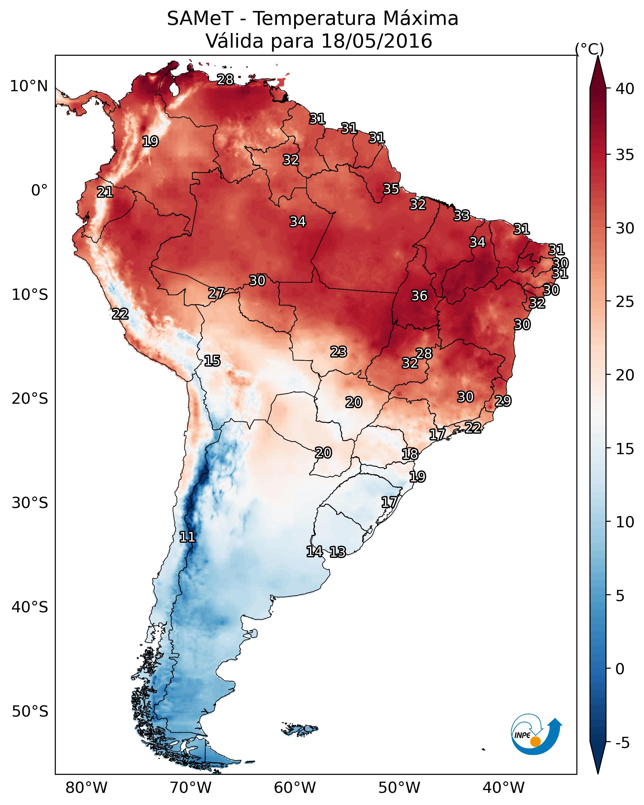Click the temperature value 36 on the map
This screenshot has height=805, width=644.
click(x=419, y=296)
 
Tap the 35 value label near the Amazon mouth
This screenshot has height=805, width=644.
click(x=391, y=189)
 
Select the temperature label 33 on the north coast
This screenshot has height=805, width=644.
click(x=462, y=215)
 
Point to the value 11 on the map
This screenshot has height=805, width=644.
click(x=187, y=537)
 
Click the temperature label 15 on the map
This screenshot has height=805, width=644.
click(x=212, y=361)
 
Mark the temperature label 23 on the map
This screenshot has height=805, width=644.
click(x=338, y=352)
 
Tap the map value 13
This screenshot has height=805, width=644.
click(x=337, y=552)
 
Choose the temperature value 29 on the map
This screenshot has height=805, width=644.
click(x=503, y=401)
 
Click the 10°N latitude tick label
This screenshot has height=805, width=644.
click(x=29, y=86)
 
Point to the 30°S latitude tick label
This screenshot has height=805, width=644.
click(x=30, y=503)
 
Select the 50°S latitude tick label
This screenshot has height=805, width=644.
click(x=30, y=711)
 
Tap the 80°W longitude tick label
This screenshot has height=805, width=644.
click(x=86, y=788)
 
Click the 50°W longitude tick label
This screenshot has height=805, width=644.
click(x=399, y=788)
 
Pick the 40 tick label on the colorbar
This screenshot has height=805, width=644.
click(x=625, y=89)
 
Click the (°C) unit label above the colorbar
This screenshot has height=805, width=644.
click(x=589, y=49)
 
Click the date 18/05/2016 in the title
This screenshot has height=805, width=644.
click(x=376, y=41)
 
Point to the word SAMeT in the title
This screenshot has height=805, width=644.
click(x=200, y=19)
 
